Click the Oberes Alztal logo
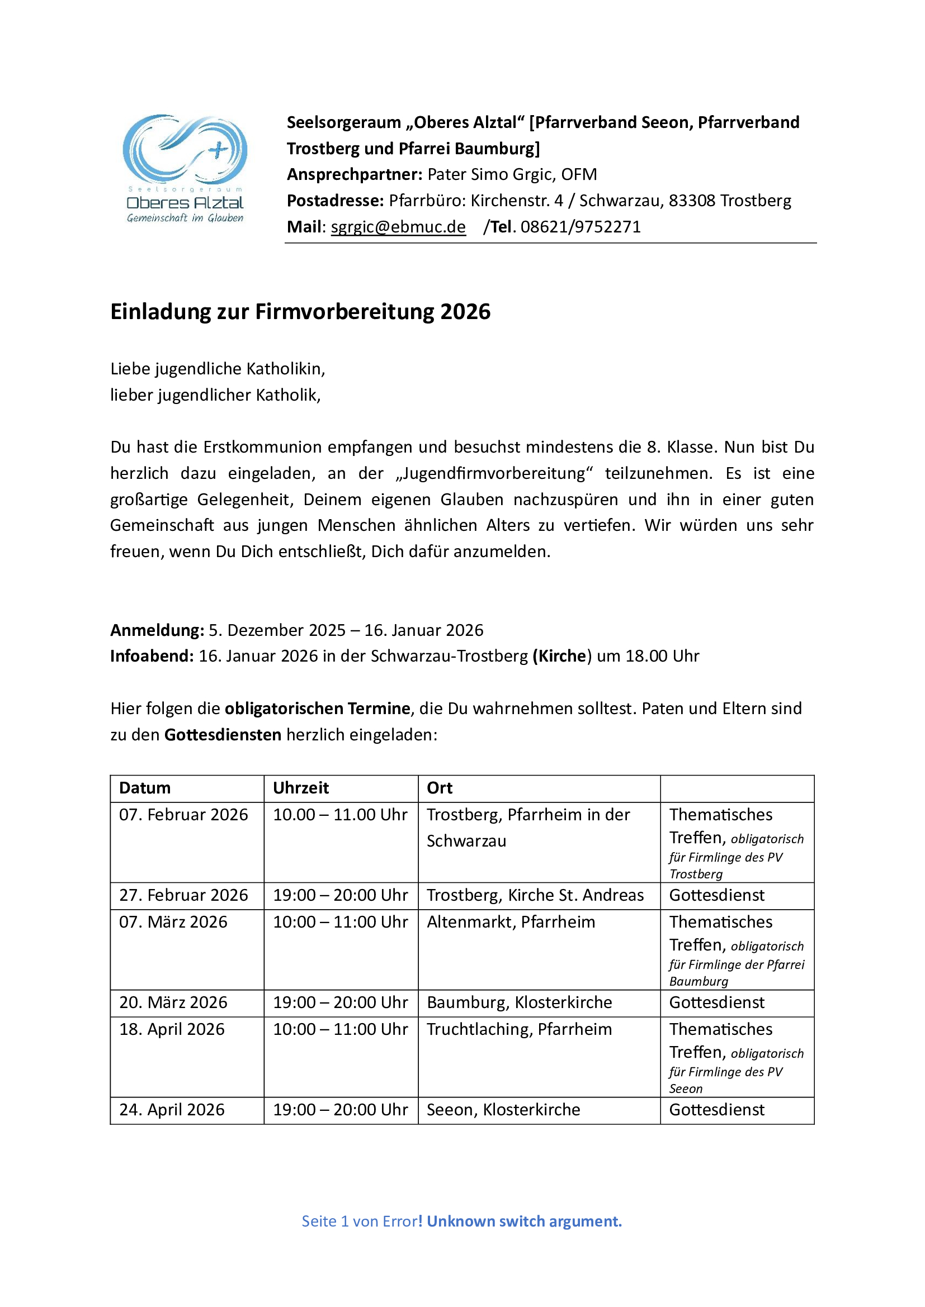pos(185,168)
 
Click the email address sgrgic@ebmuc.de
pos(398,226)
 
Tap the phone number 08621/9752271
pos(581,226)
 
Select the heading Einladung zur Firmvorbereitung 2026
pos(300,312)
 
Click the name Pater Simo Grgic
pos(491,174)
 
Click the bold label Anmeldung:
pos(157,630)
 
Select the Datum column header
pos(145,788)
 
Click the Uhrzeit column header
pos(301,788)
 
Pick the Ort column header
pos(439,788)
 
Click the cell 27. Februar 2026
pos(183,895)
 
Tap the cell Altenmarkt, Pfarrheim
pos(511,921)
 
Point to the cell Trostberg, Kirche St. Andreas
pos(535,895)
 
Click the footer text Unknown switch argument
pos(523,1221)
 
